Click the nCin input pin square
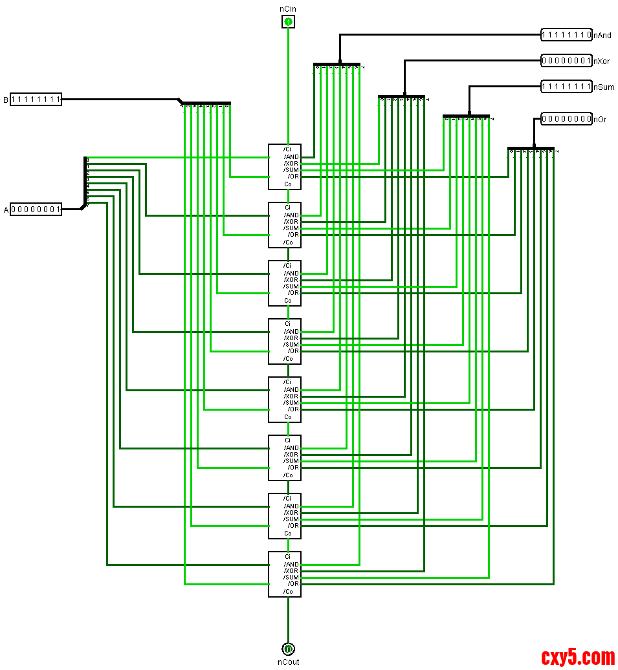point(288,22)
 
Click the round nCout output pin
point(288,648)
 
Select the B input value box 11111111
point(36,100)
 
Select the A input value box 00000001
point(36,210)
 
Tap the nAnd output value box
point(566,35)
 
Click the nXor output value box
point(566,61)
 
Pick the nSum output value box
point(566,87)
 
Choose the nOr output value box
point(566,119)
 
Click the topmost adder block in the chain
point(285,166)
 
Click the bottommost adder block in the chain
point(285,574)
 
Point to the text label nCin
point(289,8)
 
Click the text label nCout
point(289,662)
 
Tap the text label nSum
point(604,87)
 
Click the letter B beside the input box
point(6,100)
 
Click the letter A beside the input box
point(6,210)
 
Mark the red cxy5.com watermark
point(578,658)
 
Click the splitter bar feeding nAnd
point(337,65)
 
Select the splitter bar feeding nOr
point(531,148)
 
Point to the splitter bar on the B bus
point(206,103)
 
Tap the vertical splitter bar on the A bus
point(85,181)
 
